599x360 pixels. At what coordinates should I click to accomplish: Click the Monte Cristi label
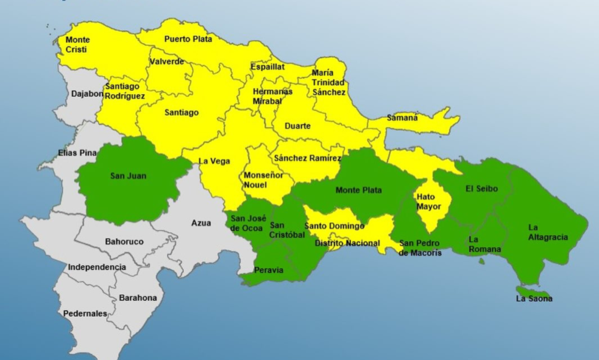point(77,44)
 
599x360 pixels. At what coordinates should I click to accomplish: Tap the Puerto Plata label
point(188,39)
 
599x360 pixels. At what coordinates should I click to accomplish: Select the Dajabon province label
point(87,94)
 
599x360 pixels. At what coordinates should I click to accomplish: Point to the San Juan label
point(128,176)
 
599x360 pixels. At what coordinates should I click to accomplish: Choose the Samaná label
point(402,118)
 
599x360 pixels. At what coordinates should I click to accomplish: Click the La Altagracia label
point(548,232)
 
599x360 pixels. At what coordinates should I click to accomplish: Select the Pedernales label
point(85,313)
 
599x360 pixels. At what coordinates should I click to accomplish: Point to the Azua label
point(201,223)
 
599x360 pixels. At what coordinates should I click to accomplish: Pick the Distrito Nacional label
point(347,243)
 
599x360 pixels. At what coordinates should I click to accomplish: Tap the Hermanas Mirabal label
point(273,95)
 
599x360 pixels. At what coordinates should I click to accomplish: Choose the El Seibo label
point(481,188)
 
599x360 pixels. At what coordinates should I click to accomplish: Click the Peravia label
point(269,270)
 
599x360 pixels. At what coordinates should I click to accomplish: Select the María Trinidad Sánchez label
point(329,82)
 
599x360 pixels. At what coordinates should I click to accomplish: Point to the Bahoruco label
point(124,242)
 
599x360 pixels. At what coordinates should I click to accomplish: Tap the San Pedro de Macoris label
point(420,248)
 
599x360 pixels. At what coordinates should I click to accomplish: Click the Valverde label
point(167,62)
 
